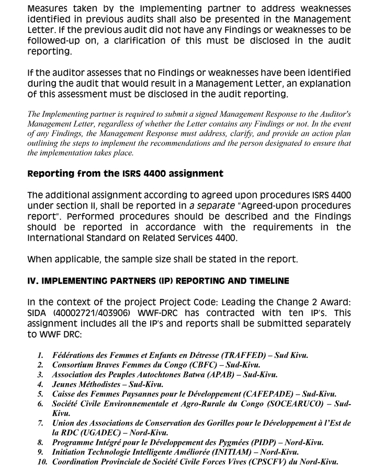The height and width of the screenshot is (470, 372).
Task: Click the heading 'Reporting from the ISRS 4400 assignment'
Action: pos(125,174)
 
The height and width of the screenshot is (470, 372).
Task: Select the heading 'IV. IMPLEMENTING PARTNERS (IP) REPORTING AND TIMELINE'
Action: pos(157,281)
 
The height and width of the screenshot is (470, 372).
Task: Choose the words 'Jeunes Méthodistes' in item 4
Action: pos(85,384)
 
